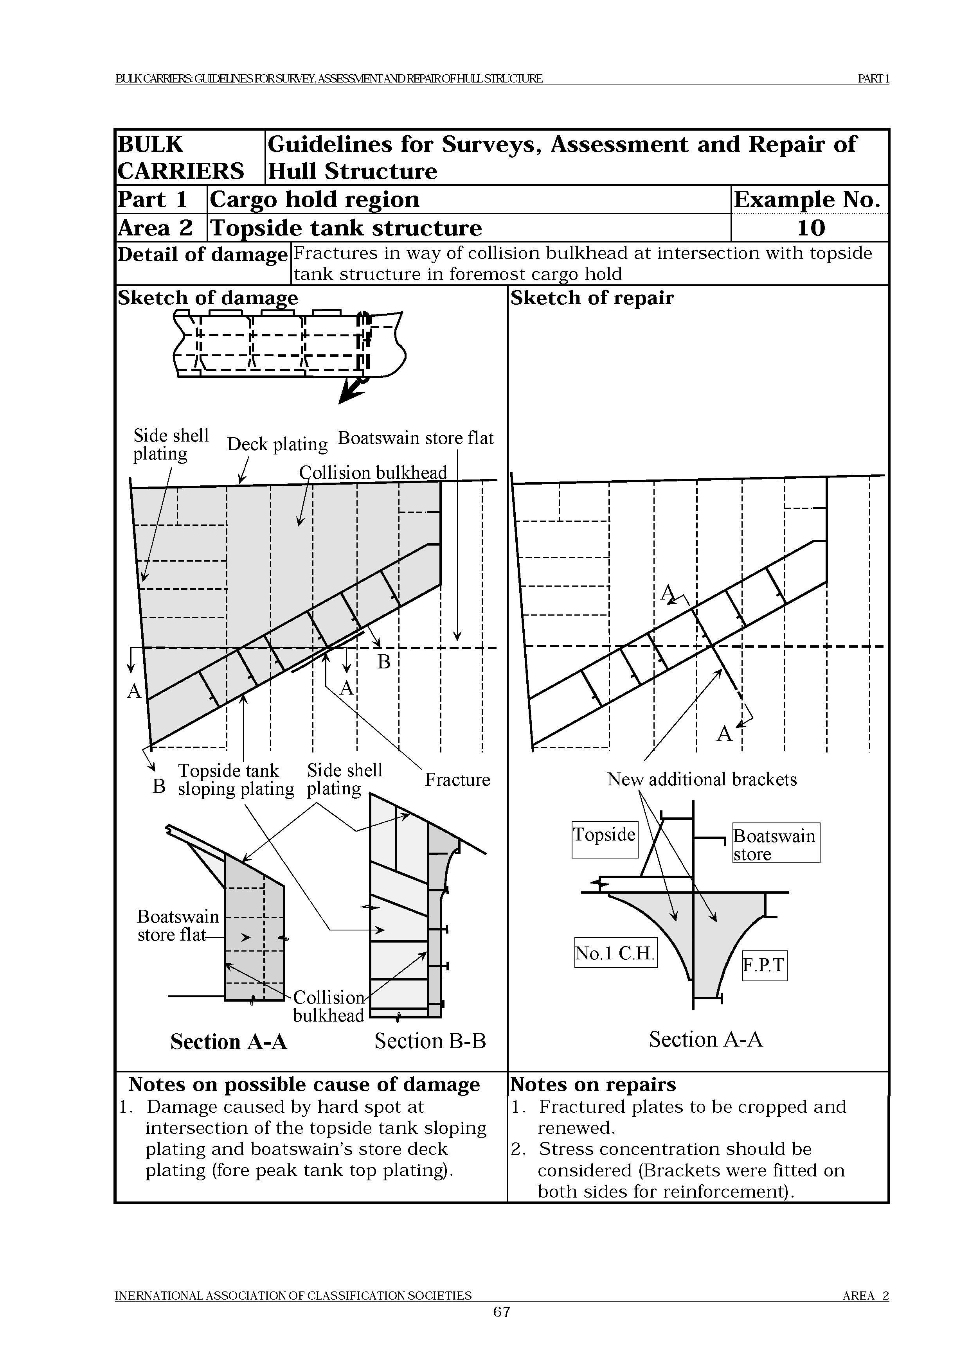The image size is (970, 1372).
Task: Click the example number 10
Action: coord(810,228)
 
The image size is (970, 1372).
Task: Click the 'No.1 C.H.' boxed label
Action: coord(615,952)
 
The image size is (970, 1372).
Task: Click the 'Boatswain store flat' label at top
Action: coord(416,438)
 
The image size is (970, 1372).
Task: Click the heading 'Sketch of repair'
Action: coord(592,298)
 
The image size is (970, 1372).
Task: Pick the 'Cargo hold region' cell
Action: coord(315,199)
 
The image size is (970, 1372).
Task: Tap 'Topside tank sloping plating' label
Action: coord(236,780)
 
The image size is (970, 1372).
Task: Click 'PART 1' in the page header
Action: coord(873,78)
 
